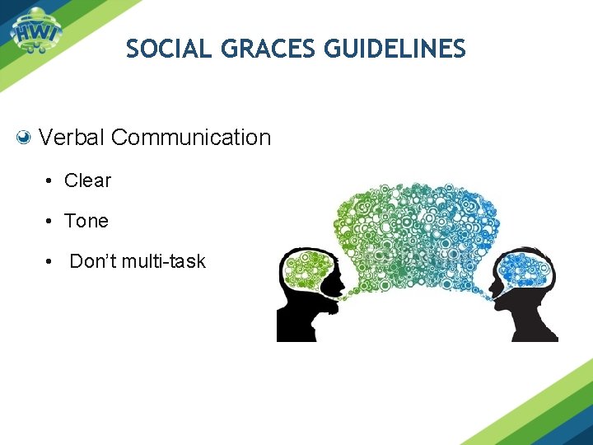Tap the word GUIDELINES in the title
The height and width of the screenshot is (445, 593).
[395, 49]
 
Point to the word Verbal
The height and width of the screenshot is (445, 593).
[72, 138]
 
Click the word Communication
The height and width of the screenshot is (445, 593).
[190, 138]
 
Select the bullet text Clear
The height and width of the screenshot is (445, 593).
[87, 180]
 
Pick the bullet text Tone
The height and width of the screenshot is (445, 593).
[86, 221]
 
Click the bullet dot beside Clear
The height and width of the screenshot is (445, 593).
[51, 181]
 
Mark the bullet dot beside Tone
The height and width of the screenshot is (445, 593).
[51, 222]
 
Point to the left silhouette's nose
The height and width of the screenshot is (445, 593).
[343, 284]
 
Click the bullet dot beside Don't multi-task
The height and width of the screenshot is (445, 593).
[51, 263]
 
